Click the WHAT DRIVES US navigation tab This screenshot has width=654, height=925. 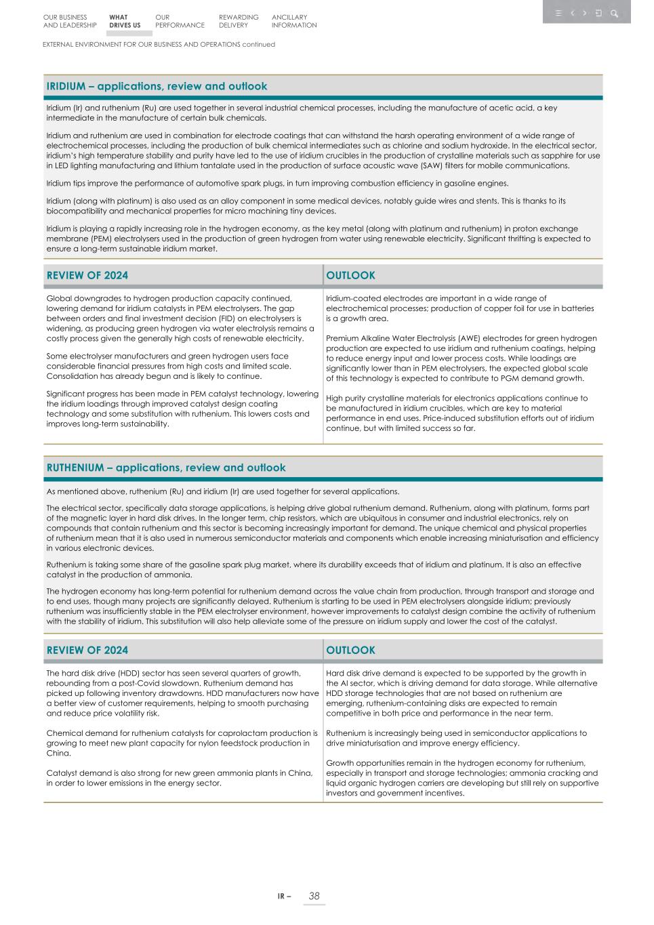point(125,21)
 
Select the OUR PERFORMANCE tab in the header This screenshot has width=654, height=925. point(179,21)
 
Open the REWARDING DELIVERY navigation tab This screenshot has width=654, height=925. point(239,21)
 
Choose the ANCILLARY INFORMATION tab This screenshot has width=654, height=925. point(294,21)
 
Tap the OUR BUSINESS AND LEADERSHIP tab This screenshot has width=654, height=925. point(70,21)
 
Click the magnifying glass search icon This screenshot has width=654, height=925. point(614,13)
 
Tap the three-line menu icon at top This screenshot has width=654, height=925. point(558,13)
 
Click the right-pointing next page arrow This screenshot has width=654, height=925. point(585,13)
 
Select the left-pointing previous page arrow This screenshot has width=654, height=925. point(573,13)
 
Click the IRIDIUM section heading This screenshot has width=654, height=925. point(157,86)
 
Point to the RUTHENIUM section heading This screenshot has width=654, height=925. point(166,468)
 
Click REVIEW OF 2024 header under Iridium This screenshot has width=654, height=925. point(87,275)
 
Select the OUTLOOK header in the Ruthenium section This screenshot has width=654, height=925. point(350,650)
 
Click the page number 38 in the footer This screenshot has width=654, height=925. point(314,896)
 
